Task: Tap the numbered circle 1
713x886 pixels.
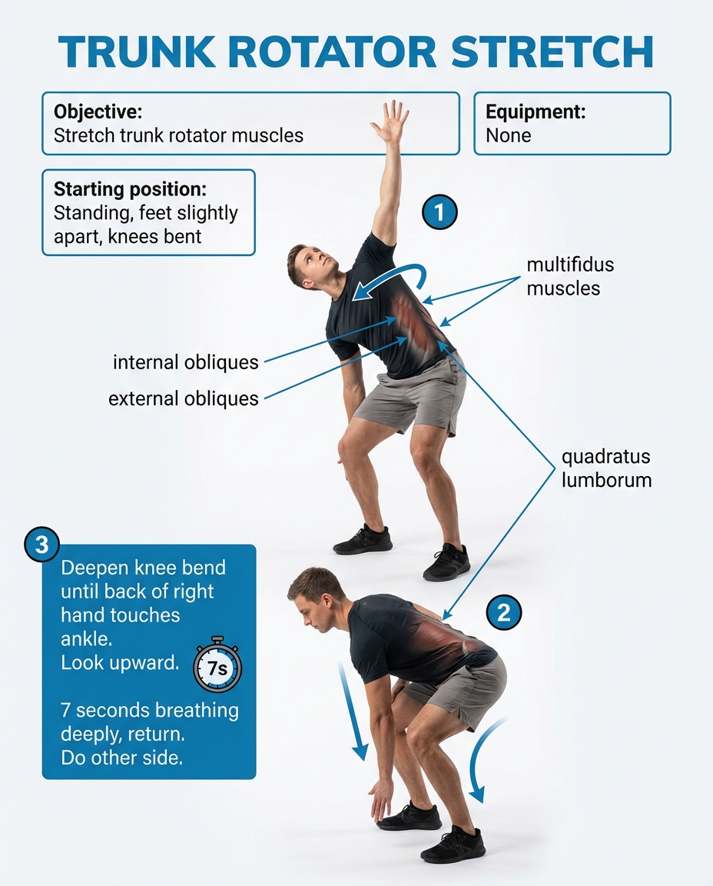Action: [440, 212]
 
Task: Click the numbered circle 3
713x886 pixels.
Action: [41, 545]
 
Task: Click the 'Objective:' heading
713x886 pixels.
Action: [98, 112]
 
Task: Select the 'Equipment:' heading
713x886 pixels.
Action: [536, 112]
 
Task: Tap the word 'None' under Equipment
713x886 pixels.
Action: [508, 136]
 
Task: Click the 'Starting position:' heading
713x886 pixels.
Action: [130, 189]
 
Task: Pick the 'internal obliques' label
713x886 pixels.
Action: [185, 362]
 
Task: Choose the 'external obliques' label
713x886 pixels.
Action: [183, 398]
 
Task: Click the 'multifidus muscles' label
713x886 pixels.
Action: [569, 277]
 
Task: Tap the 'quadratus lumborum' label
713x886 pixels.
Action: [605, 468]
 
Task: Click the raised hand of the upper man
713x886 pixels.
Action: [390, 122]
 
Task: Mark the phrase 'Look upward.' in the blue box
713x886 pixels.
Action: [119, 662]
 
